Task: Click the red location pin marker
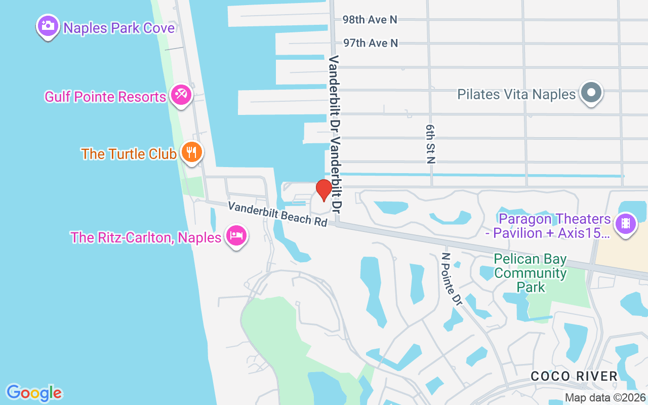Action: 324,190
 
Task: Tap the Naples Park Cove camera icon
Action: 48,25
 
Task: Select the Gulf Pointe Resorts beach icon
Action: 181,95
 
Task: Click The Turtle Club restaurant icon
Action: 191,151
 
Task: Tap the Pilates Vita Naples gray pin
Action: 591,93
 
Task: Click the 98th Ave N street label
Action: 370,20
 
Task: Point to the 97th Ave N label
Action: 370,43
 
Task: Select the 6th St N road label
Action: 431,145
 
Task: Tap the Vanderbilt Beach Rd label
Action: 277,214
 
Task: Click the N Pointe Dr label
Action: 452,279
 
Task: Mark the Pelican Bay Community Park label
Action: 530,273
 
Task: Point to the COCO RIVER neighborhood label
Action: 574,376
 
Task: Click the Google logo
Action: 34,393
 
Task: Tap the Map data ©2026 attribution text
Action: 605,398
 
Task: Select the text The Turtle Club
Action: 129,154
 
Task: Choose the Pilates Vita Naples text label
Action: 516,94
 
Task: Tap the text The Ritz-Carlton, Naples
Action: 146,237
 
